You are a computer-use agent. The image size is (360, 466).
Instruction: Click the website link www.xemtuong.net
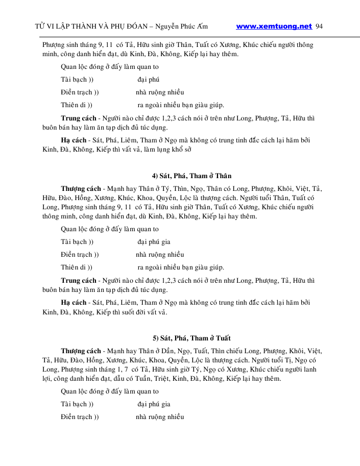(274, 26)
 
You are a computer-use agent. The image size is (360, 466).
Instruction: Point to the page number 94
(320, 26)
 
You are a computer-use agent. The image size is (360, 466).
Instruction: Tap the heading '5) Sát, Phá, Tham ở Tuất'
(191, 338)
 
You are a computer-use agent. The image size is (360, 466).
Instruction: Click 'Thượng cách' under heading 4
(81, 188)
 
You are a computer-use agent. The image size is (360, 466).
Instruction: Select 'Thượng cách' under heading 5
(81, 351)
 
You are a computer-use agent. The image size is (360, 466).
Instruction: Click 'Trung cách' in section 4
(79, 280)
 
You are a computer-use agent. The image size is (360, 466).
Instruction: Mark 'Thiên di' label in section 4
(73, 267)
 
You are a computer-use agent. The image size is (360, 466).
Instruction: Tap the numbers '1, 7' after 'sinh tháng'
(123, 370)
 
